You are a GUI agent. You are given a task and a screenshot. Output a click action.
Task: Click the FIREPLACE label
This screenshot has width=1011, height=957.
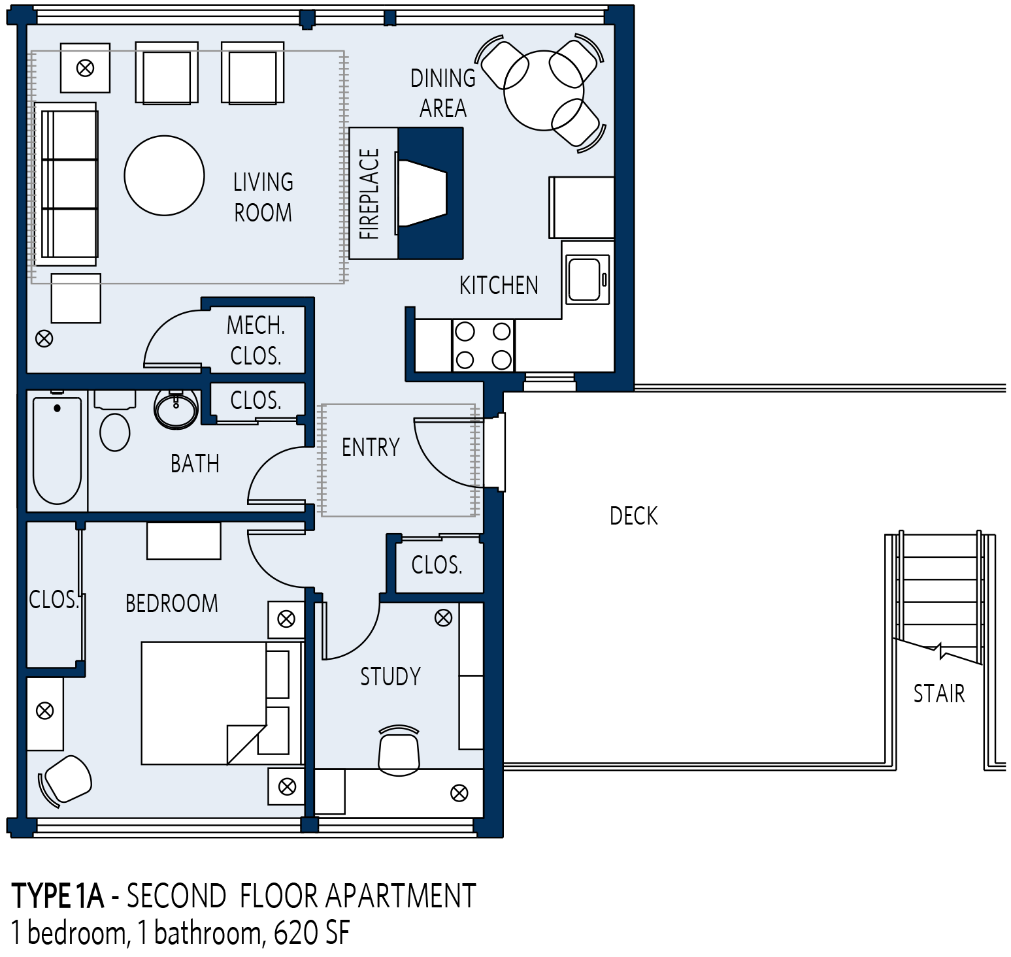coord(369,194)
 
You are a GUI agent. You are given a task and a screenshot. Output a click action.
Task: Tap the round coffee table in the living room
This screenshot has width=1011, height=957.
coord(165,175)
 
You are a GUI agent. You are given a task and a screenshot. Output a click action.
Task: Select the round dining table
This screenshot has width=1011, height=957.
coord(544,91)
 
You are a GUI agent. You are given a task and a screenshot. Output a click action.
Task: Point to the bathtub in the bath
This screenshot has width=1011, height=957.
coord(58,450)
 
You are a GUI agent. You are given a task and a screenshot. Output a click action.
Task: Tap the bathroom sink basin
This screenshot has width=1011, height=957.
coord(176,409)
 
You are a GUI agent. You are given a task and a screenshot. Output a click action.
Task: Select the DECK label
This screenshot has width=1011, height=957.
coord(633,516)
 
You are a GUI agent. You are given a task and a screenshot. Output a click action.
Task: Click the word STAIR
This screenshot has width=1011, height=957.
coord(939,693)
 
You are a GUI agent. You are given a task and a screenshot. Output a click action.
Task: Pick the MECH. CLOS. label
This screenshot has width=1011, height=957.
coord(256,340)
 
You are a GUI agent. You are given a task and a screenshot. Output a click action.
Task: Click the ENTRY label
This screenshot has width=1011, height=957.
coord(371,447)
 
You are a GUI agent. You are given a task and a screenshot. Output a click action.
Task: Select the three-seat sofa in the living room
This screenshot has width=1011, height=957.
coord(66,184)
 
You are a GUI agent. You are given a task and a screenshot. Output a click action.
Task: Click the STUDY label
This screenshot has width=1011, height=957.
coord(391,677)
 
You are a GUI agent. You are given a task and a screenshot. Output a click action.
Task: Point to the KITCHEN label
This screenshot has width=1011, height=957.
coord(499,285)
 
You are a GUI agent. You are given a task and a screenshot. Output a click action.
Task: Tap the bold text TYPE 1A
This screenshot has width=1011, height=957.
coord(58,896)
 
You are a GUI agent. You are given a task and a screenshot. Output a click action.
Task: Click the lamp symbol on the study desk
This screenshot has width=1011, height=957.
coord(459,793)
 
